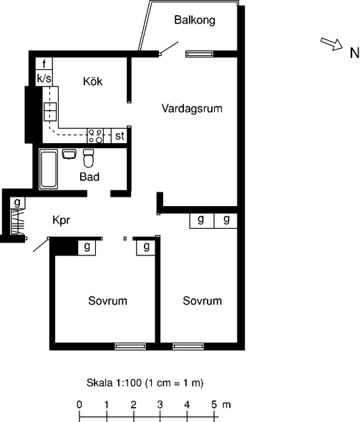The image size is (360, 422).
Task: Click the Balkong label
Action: (x=195, y=20)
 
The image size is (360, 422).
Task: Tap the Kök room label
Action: (x=92, y=81)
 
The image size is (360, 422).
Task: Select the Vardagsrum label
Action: (x=192, y=109)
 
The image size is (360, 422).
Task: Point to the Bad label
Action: (x=89, y=177)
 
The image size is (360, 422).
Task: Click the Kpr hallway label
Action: (x=62, y=220)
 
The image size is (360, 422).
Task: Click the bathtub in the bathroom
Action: (x=49, y=169)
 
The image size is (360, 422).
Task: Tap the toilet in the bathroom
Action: (x=88, y=158)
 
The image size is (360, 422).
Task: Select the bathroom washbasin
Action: (x=69, y=154)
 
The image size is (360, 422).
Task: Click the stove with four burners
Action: (x=95, y=136)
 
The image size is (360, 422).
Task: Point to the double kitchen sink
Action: (x=50, y=112)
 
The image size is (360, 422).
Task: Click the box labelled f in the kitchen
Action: (x=44, y=64)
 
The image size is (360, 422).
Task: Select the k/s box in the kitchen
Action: (x=44, y=78)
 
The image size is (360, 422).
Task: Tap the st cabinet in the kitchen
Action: (x=120, y=136)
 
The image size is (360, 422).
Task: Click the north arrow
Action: (x=331, y=44)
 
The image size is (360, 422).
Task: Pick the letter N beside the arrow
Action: (x=354, y=53)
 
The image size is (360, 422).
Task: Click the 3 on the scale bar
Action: (x=160, y=405)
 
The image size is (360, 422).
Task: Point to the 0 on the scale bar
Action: (x=79, y=405)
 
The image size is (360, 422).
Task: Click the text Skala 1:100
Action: (x=114, y=383)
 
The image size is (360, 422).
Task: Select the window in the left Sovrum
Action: (x=130, y=346)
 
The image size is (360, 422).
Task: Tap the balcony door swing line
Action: (x=170, y=47)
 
